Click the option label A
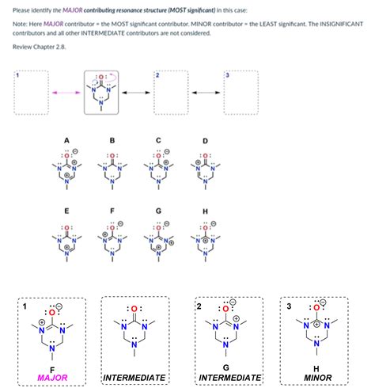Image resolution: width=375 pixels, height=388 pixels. pyautogui.click(x=67, y=141)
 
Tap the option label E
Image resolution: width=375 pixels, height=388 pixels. pyautogui.click(x=66, y=211)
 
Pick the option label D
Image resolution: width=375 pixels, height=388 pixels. pyautogui.click(x=206, y=142)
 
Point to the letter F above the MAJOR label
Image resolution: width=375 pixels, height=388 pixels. pyautogui.click(x=52, y=367)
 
